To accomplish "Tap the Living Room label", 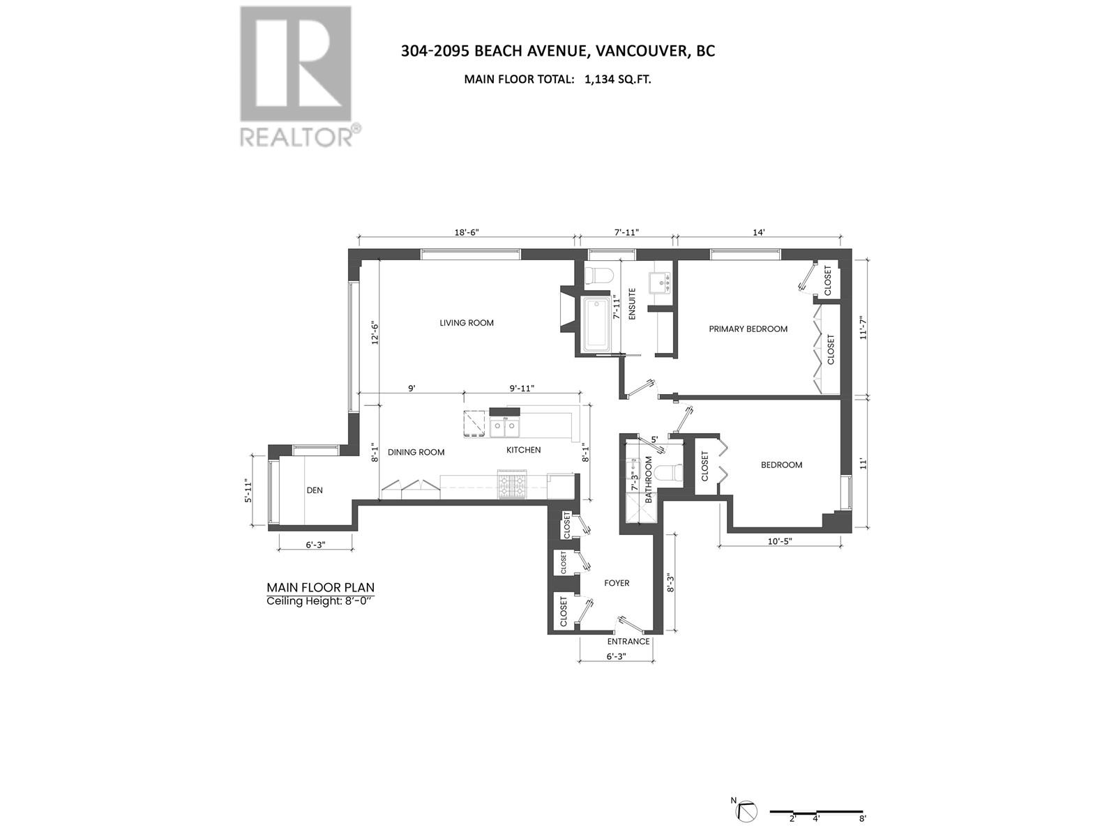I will (466, 323).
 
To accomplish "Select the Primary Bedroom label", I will (748, 329).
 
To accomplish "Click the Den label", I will (315, 490).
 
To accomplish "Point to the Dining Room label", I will (416, 452).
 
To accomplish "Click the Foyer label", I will (617, 583).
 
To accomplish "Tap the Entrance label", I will (628, 642).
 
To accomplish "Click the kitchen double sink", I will (506, 426).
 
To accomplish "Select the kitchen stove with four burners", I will (513, 485).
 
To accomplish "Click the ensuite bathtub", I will (597, 324).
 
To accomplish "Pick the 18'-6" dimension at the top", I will (466, 232).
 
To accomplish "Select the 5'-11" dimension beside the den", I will (247, 490).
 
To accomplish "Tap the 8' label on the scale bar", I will (863, 819).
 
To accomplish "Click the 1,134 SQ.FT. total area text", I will (618, 80).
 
